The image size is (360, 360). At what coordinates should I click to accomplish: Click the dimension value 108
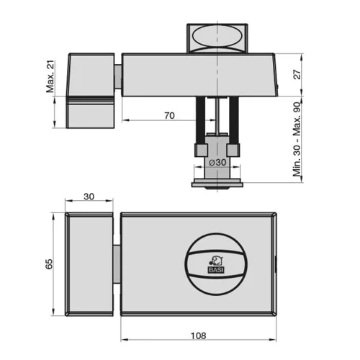click(198, 336)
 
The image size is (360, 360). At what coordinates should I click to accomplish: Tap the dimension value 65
click(49, 264)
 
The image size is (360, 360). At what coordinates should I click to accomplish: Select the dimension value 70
click(169, 116)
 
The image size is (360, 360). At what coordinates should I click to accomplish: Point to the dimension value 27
click(297, 74)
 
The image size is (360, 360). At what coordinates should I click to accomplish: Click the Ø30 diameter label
click(217, 163)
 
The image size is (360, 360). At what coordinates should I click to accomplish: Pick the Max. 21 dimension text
click(50, 76)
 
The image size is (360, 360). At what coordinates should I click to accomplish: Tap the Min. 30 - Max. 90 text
click(297, 140)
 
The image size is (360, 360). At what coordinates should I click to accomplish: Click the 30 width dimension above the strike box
click(89, 197)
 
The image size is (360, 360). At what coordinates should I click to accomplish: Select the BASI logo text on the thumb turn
click(216, 270)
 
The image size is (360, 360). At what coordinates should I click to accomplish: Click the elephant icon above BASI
click(217, 261)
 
